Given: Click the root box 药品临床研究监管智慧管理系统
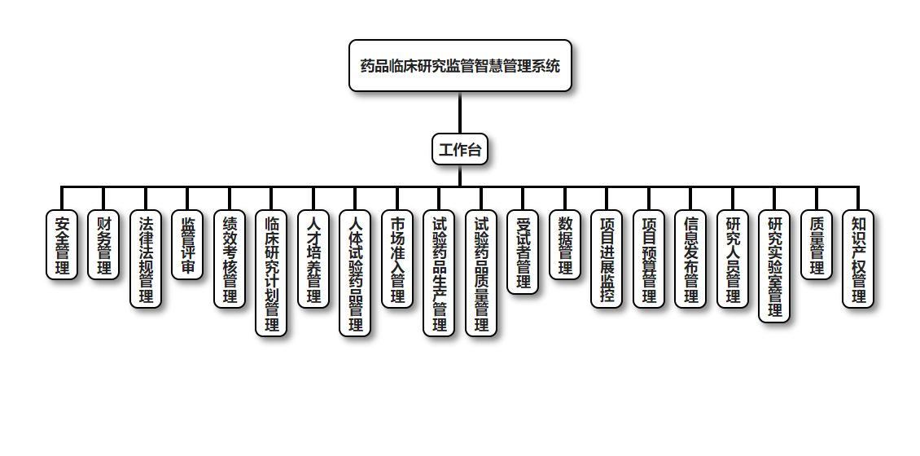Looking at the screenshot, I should [460, 66].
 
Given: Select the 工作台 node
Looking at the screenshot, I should [460, 150].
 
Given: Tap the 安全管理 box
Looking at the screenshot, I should [62, 245].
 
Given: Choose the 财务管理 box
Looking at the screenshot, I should [103, 245].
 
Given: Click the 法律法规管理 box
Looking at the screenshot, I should [146, 259].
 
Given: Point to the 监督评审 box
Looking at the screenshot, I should [187, 245].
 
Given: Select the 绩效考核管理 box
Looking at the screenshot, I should [230, 259].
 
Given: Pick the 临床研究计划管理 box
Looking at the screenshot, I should [271, 273].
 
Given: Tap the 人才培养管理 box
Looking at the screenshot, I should [313, 259].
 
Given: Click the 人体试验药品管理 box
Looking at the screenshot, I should [355, 273].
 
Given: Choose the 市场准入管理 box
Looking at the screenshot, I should [397, 259].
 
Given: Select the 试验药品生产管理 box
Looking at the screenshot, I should [440, 273].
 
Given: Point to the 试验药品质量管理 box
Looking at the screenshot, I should [481, 273].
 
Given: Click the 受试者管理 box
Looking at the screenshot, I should [523, 252].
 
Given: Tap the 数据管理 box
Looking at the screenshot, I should [565, 245].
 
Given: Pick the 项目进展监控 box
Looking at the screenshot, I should [607, 259].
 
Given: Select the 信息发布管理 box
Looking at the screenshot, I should [690, 259].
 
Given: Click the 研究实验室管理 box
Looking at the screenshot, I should [774, 266].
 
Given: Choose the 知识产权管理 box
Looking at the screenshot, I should [858, 259].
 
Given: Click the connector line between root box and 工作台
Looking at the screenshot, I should [460, 112].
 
